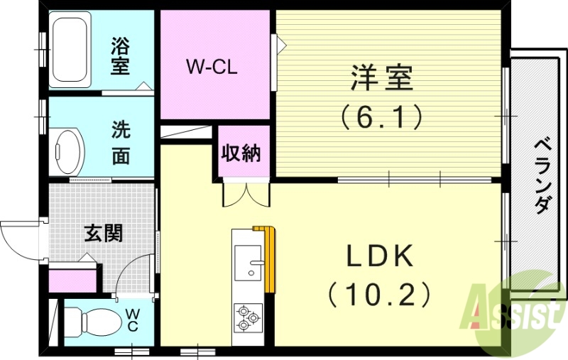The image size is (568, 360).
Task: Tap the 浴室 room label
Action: tap(120, 57)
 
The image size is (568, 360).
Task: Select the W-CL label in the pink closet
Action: tap(211, 68)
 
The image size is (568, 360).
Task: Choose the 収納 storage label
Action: tap(241, 153)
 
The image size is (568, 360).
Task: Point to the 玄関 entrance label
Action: tap(104, 232)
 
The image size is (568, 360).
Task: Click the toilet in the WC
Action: tap(95, 322)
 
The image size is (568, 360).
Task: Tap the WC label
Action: tap(133, 319)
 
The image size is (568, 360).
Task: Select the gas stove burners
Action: tap(248, 316)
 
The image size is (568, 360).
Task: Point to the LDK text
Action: tap(380, 256)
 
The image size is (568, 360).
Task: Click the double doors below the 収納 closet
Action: tap(246, 193)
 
